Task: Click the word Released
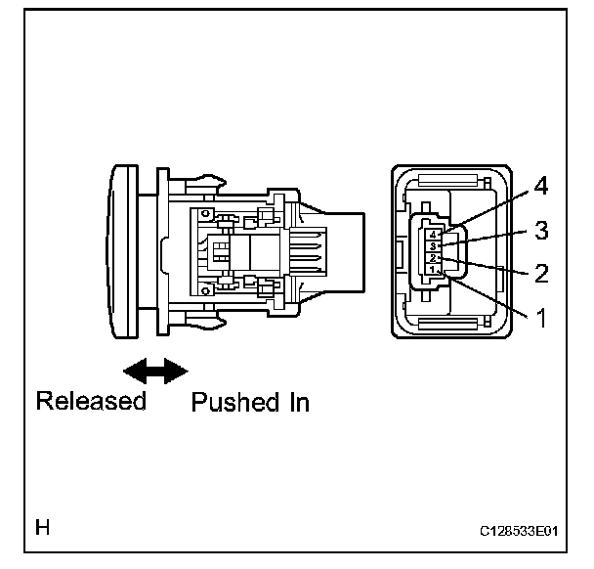91,402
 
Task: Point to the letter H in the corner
43,528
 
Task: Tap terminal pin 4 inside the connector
431,235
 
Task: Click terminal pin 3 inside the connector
431,246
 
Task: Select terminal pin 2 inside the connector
431,258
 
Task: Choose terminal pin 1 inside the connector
431,270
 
